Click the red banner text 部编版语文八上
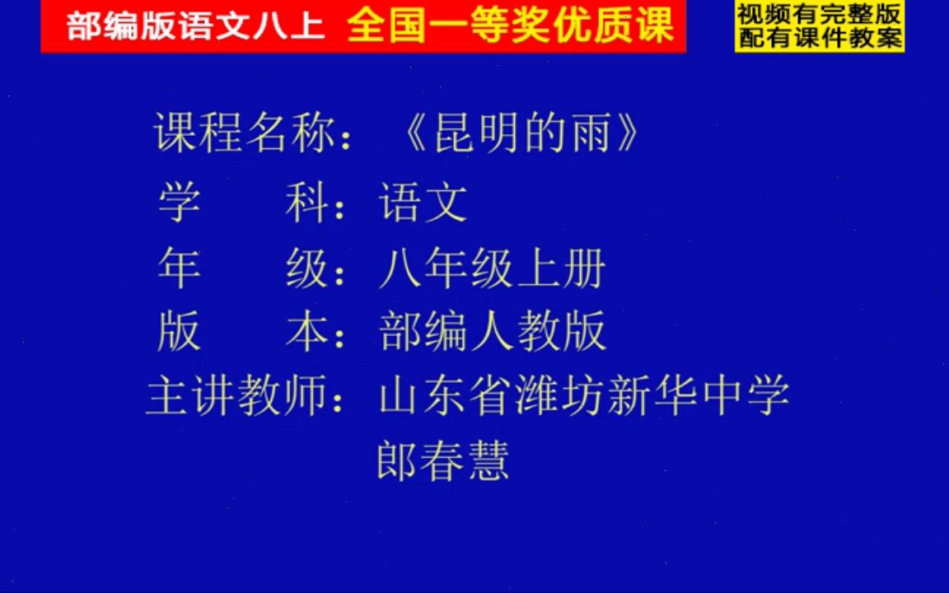[x=196, y=27]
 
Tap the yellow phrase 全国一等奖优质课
[x=510, y=26]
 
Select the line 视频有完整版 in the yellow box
[x=819, y=14]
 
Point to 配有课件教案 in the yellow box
[x=819, y=37]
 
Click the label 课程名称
[x=245, y=133]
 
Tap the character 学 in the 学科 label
[x=179, y=203]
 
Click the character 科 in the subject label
[x=306, y=203]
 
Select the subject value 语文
[x=423, y=203]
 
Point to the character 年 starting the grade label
[x=179, y=268]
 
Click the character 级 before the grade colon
[x=306, y=268]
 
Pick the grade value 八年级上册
[x=492, y=268]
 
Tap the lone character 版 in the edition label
[x=179, y=331]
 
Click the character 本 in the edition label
[x=306, y=331]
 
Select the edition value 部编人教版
[x=492, y=331]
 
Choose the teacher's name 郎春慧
[x=443, y=460]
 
